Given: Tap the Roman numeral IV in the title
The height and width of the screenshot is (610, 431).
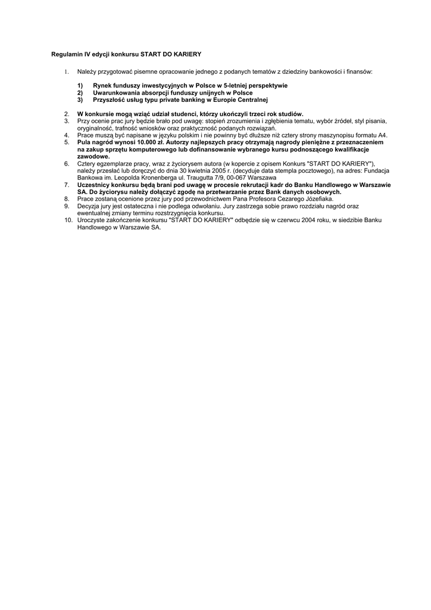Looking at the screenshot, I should click(87, 54).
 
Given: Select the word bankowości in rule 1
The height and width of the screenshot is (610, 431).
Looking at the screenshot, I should click(323, 71).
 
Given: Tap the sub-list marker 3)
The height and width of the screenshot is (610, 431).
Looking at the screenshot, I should click(80, 100).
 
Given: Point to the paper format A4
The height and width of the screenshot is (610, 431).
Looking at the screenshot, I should click(382, 135).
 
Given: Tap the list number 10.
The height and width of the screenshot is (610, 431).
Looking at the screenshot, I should click(68, 220).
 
